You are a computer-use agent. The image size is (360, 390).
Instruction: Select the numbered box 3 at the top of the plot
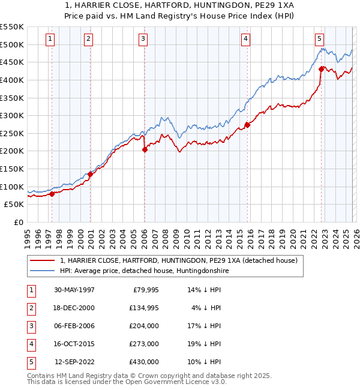coord(143,39)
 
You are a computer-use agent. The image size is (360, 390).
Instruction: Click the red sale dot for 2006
coord(145,150)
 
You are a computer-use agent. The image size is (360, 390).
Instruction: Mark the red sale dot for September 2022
coord(322,69)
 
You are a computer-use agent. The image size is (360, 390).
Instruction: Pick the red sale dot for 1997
coord(52,194)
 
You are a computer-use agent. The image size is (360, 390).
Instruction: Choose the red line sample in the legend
coord(43,260)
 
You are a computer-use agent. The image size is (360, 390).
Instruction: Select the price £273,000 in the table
coord(145,344)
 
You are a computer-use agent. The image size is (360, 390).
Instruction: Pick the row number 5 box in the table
coord(29,362)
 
